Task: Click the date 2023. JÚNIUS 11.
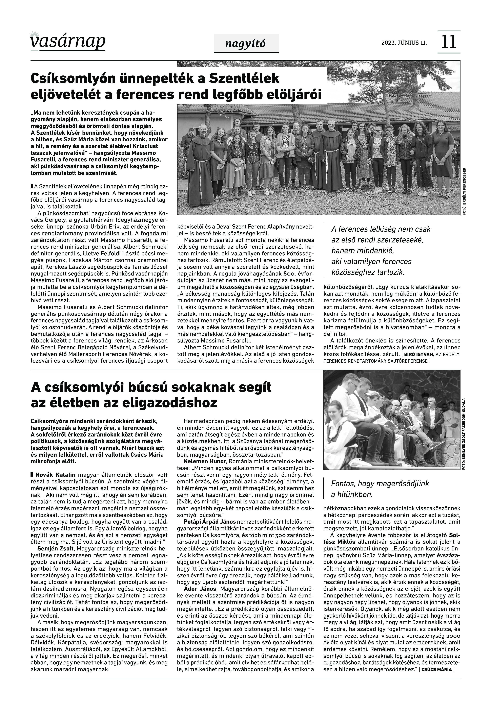click(x=404, y=43)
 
